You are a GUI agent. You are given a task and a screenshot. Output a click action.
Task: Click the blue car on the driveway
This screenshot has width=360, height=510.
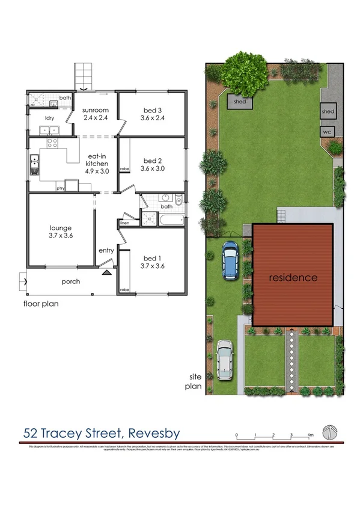pos(230,261)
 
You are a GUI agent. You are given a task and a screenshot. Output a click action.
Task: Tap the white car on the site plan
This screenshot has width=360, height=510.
pos(224,360)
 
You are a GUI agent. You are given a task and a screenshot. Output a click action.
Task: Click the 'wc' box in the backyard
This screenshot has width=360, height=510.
pos(328,132)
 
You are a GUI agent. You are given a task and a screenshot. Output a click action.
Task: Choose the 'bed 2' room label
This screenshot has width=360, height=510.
pos(153,161)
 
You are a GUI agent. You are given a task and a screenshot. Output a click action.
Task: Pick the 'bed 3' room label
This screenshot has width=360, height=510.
pos(153,110)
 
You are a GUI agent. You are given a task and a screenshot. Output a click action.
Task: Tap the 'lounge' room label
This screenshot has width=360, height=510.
pos(61,228)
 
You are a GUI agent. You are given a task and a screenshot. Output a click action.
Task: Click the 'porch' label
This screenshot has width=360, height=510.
pos(70,281)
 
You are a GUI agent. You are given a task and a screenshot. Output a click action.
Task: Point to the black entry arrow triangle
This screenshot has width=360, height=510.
pos(106,272)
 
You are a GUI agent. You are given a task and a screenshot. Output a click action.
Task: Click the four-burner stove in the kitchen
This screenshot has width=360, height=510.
pos(52,144)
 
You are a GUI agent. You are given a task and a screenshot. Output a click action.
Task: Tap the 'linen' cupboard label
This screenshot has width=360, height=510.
pos(125,223)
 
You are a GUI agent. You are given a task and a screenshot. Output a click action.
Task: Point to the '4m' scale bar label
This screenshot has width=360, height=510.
pos(310,434)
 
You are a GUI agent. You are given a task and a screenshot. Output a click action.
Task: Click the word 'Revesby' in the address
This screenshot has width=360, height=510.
pos(152,433)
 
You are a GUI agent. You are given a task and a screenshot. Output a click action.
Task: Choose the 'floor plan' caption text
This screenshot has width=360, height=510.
pos(41,304)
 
